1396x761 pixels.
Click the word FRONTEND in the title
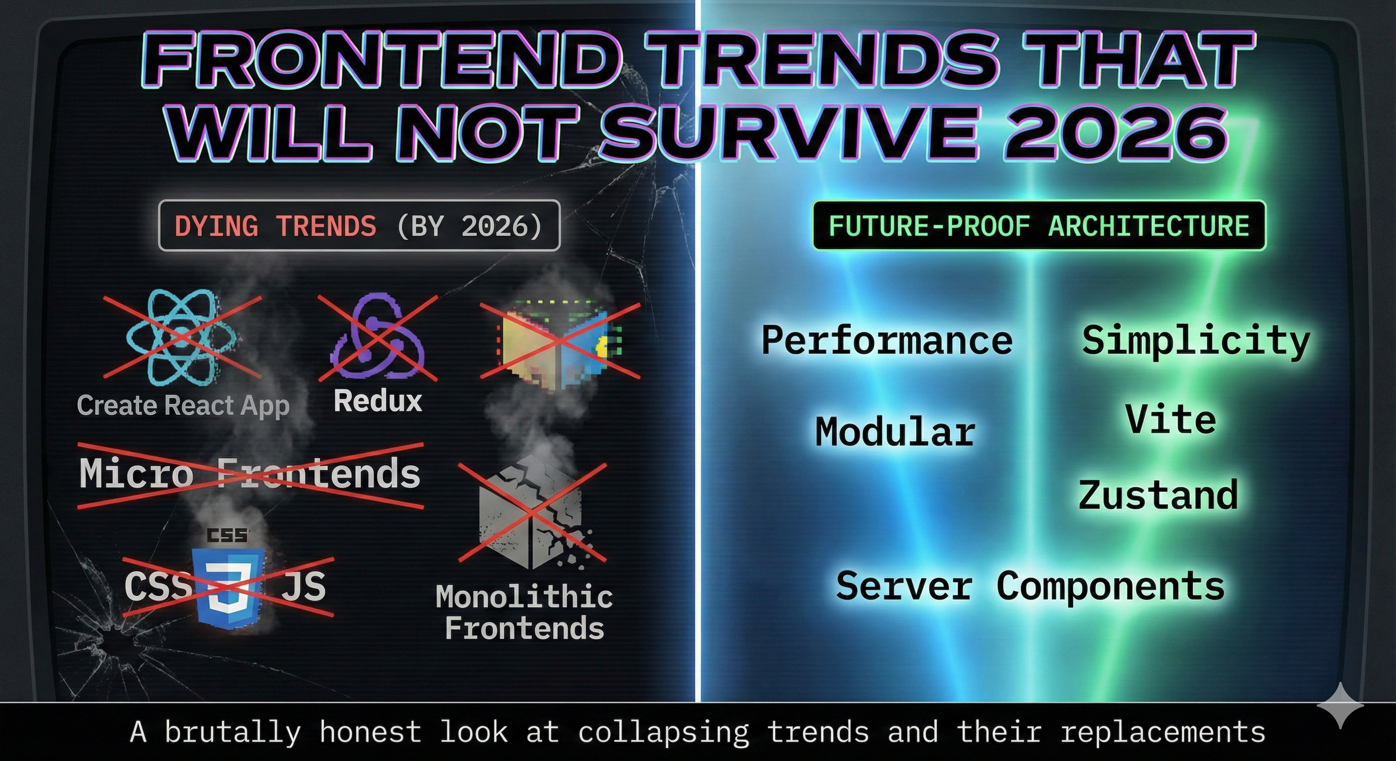(x=379, y=60)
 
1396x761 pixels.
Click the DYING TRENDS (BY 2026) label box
(x=359, y=226)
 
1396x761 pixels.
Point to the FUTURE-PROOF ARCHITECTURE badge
(x=1039, y=226)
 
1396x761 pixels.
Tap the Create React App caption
(x=183, y=405)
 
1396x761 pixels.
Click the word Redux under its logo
(x=378, y=401)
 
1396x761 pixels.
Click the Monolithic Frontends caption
(x=524, y=612)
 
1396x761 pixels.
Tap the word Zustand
(x=1158, y=495)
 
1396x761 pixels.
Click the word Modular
(x=895, y=432)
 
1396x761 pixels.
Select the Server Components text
(x=1030, y=586)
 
